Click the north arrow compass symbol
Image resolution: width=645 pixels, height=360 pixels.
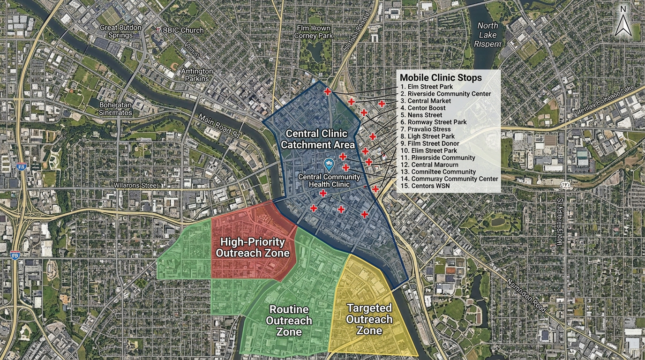point(623,21)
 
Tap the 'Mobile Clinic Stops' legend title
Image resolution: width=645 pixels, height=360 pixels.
point(441,77)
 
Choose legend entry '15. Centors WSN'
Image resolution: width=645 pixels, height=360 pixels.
point(425,186)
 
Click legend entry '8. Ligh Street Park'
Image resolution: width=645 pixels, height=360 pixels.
point(427,136)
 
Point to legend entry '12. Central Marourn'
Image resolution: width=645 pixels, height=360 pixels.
point(429,165)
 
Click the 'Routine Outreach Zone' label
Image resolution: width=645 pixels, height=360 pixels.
point(289,321)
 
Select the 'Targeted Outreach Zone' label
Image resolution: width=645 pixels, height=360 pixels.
point(369,319)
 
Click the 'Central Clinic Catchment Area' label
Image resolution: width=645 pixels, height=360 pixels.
point(317,139)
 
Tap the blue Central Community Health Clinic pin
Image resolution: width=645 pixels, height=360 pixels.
point(329,164)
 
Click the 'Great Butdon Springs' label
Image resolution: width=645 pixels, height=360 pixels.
point(120,31)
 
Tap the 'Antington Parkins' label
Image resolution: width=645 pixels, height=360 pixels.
point(196,75)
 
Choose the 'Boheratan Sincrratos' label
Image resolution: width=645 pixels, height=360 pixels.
point(115,108)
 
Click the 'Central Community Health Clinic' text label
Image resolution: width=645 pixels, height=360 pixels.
point(329,180)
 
